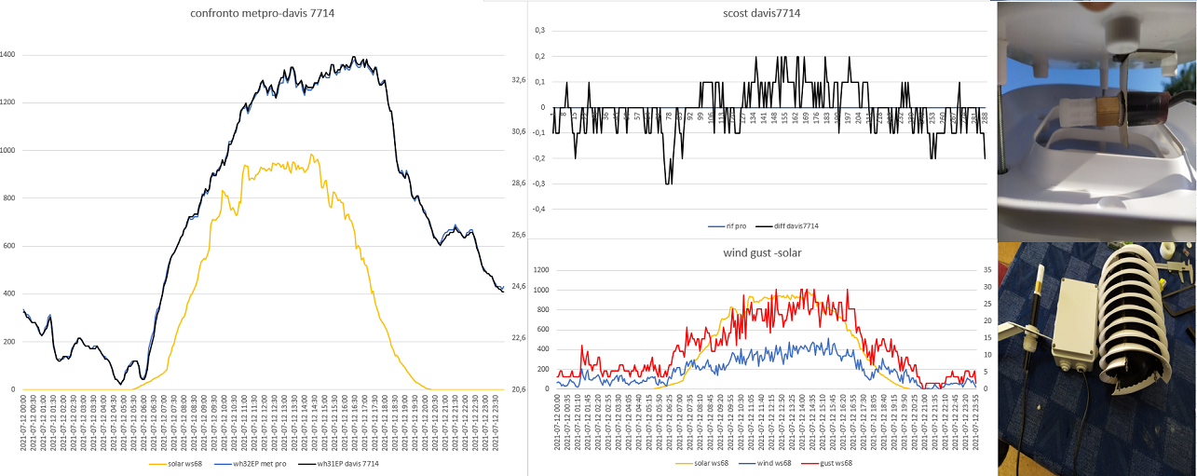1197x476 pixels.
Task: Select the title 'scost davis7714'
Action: [762, 13]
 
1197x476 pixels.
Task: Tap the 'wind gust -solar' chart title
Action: [762, 252]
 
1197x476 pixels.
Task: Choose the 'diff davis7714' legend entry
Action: [784, 226]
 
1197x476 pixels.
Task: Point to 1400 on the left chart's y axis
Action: [7, 55]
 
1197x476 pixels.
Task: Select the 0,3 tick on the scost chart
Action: [538, 31]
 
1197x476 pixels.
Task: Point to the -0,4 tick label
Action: [537, 208]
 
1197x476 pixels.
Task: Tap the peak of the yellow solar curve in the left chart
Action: [311, 155]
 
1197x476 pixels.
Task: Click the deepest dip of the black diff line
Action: [668, 183]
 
